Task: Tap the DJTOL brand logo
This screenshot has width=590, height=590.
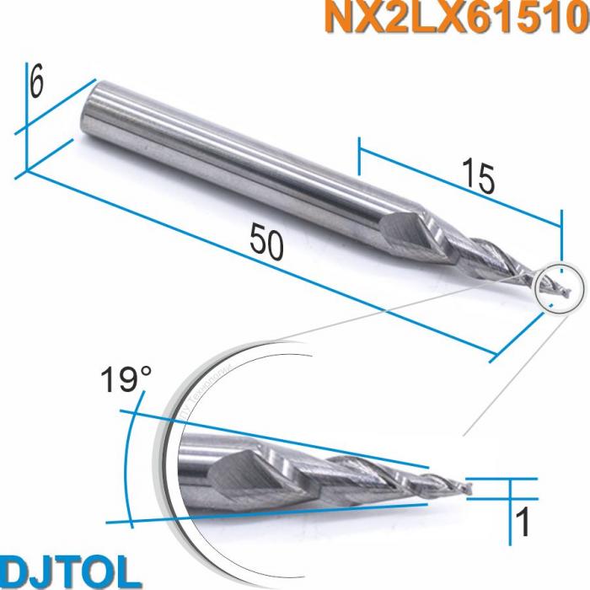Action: point(72,570)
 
